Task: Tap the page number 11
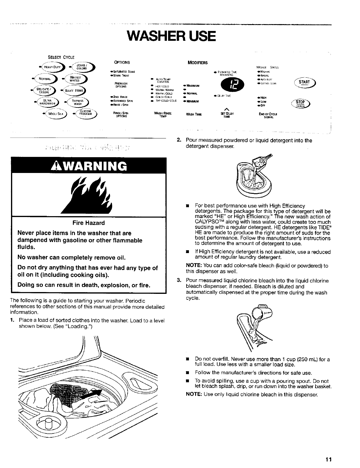[328, 459]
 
